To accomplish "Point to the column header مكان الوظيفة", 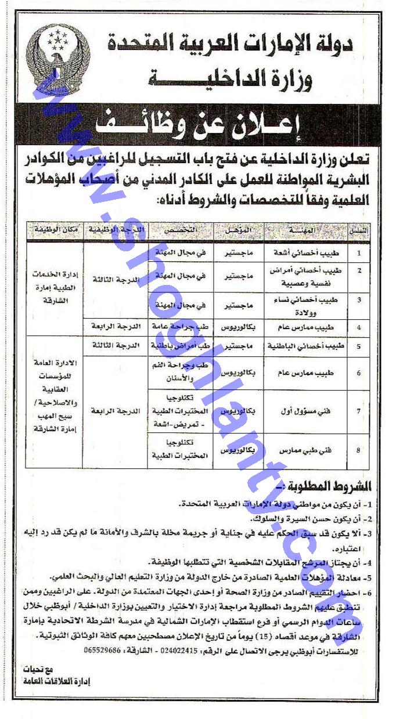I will point(53,230).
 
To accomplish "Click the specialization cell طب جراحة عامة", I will point(178,327).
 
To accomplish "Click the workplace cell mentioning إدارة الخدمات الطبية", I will point(53,288).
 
